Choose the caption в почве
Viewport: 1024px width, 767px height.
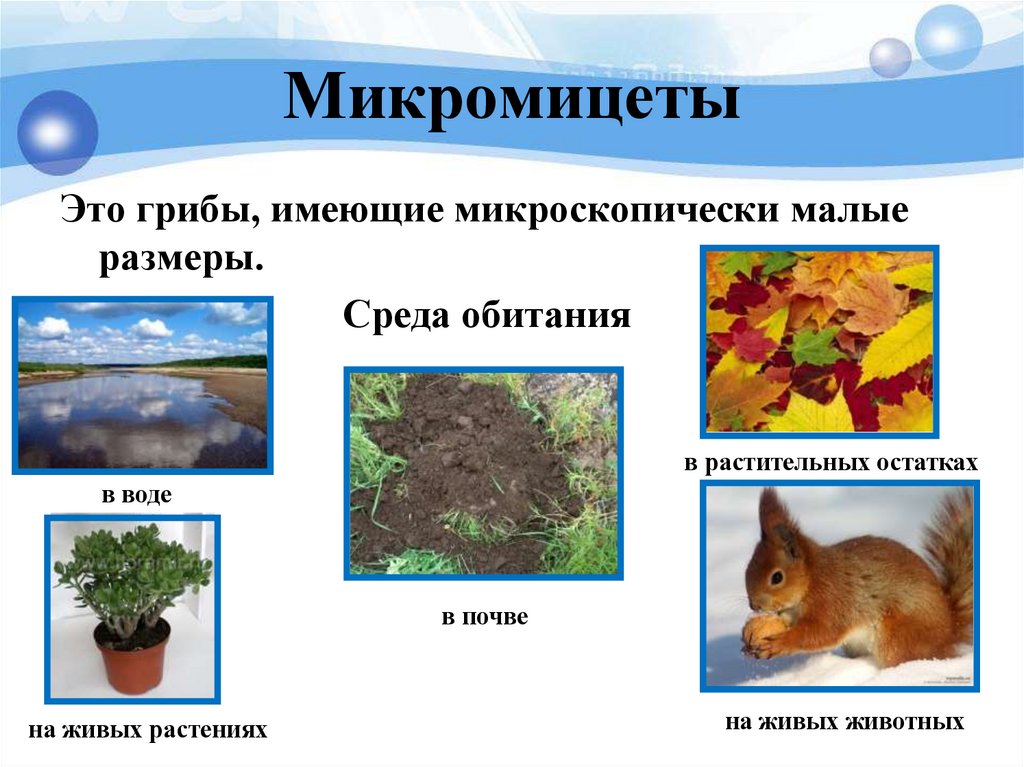484,617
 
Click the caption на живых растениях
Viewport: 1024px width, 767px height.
148,730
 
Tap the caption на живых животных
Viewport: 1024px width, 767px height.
845,721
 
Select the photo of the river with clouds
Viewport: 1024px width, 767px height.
142,384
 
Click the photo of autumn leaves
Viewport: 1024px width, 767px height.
819,340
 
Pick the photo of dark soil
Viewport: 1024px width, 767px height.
483,472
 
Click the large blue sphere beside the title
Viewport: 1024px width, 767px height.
58,132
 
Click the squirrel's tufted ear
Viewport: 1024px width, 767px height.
773,515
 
